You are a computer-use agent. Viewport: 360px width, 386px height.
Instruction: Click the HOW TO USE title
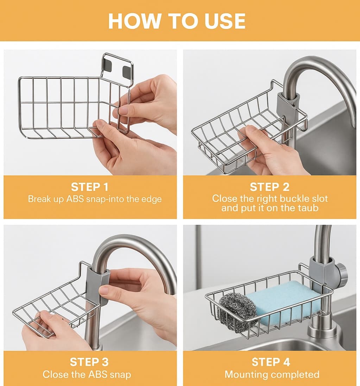point(177,21)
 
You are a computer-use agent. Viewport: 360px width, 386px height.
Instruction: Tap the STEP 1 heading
point(90,187)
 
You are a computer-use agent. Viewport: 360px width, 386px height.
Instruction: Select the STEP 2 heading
point(270,187)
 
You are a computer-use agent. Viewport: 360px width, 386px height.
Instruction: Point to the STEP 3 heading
point(89,362)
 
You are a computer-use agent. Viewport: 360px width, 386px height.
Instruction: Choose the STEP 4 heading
point(271,362)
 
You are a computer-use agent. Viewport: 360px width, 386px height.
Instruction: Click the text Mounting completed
point(272,375)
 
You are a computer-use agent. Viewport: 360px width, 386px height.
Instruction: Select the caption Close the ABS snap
point(87,374)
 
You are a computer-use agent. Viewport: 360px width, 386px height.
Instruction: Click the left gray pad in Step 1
point(107,64)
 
